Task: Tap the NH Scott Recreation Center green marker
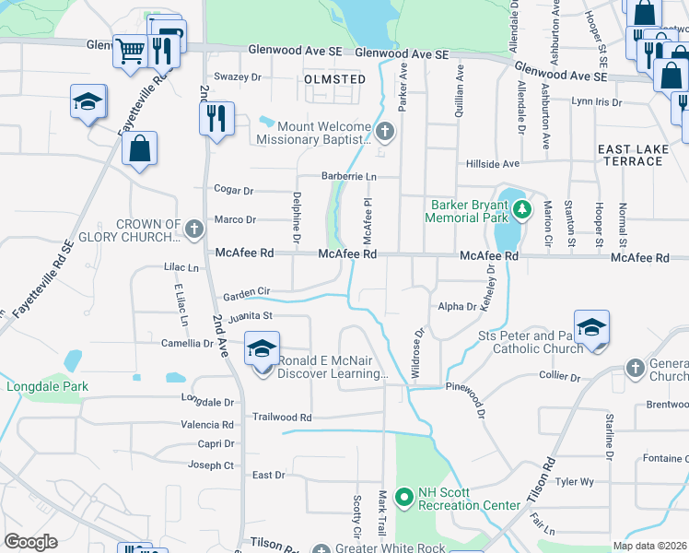tap(403, 499)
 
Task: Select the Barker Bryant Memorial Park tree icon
tap(522, 208)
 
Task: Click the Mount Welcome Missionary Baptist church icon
tap(386, 133)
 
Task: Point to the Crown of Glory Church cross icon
tap(193, 228)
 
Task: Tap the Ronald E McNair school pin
tap(262, 351)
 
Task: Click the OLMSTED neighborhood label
tap(334, 79)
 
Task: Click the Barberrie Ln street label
tap(349, 176)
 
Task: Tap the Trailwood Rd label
tap(283, 418)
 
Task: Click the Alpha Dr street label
tap(458, 306)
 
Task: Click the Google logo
tap(31, 541)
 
